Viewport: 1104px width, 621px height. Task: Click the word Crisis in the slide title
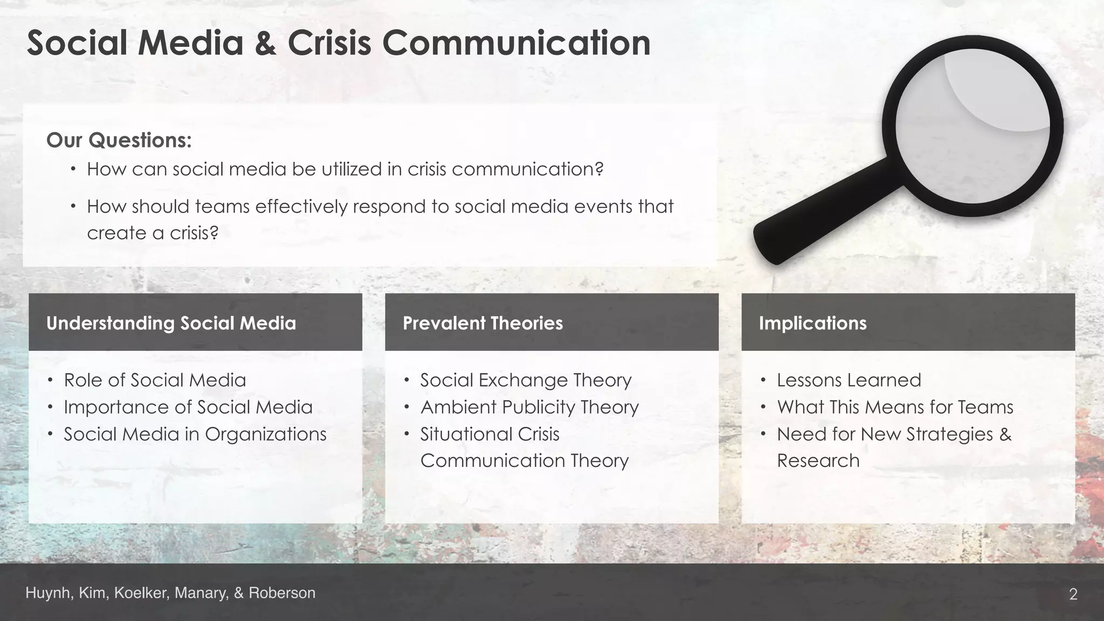point(329,43)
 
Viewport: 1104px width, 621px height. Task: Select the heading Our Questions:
point(119,140)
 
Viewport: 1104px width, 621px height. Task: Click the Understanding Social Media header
point(171,323)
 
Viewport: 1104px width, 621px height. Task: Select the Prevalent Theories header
point(482,323)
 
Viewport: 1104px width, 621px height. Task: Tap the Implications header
point(812,323)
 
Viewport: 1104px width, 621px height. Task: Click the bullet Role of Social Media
point(155,380)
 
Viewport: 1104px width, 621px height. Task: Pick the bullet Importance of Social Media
point(188,407)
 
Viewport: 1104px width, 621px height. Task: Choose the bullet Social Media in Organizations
point(195,434)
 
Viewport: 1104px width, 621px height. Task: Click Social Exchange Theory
point(526,380)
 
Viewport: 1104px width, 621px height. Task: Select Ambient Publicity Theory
point(529,407)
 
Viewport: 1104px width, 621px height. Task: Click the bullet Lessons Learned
point(848,380)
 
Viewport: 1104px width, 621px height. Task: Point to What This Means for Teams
point(895,407)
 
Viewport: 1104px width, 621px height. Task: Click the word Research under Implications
point(818,460)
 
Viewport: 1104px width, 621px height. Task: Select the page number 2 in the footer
point(1073,594)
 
